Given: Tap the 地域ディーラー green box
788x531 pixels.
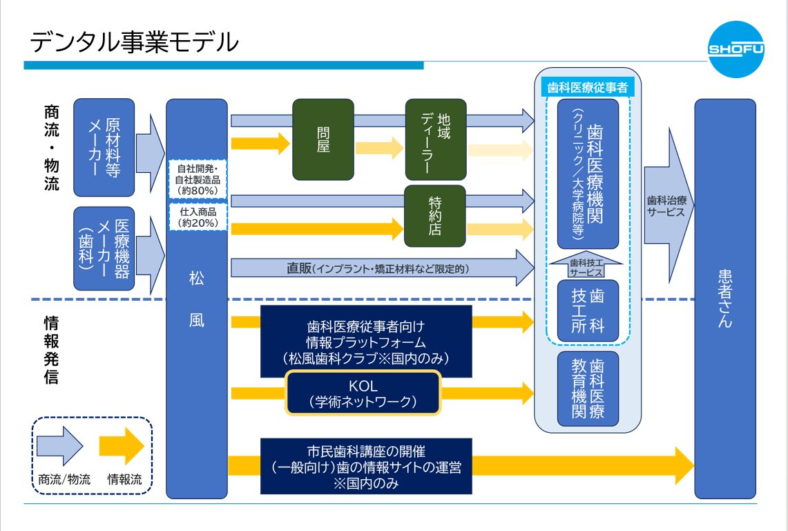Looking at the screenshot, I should pyautogui.click(x=436, y=138).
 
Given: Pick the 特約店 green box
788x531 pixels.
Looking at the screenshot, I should pyautogui.click(x=436, y=216).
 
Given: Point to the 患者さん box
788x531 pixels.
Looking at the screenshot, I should pyautogui.click(x=724, y=297).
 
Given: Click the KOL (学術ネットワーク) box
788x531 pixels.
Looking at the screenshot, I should pyautogui.click(x=363, y=393).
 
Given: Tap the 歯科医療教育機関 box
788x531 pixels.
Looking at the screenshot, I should pyautogui.click(x=588, y=389).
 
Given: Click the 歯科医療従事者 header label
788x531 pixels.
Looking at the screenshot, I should pyautogui.click(x=587, y=88).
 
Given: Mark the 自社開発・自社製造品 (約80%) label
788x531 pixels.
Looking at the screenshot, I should pyautogui.click(x=198, y=178).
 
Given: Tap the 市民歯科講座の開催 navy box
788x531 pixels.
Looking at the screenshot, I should pyautogui.click(x=366, y=466).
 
